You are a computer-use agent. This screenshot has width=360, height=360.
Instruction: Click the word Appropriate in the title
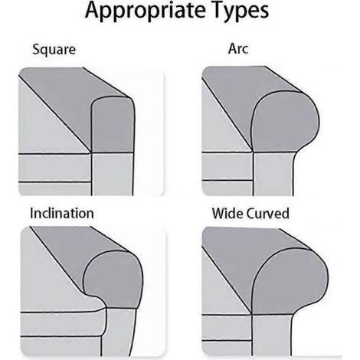pos(145,11)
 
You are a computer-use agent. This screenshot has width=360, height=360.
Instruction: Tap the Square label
pos(54,50)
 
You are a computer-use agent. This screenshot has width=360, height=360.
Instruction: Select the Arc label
pos(238,48)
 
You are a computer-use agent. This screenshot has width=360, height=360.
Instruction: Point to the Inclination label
pos(62,213)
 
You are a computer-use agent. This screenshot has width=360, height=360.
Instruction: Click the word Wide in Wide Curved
pos(227,214)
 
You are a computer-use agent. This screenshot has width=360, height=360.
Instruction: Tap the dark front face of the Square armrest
pos(113,125)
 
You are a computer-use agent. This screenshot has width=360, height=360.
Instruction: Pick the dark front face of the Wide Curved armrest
pos(289,281)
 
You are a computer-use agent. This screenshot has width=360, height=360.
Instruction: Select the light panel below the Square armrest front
pos(113,174)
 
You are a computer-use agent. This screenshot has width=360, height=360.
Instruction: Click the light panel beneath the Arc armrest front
pos(273,174)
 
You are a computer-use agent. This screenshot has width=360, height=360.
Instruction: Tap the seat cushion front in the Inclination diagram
pos(63,324)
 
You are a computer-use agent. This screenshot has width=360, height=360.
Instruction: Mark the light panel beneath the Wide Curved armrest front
pos(272,335)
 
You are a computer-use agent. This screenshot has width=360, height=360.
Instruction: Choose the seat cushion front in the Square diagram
pos(55,168)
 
